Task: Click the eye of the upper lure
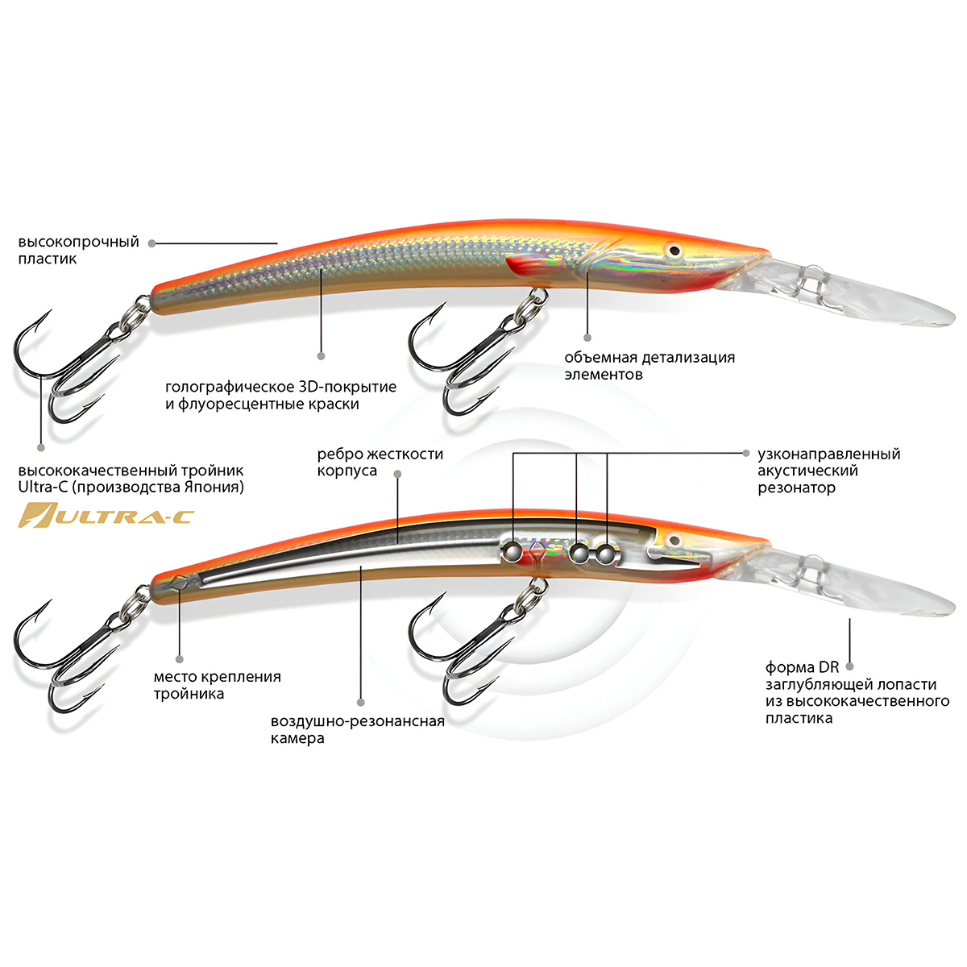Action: tap(674, 251)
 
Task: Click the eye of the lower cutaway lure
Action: tap(674, 541)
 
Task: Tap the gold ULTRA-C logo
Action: tap(106, 514)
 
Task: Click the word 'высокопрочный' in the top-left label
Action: tap(78, 242)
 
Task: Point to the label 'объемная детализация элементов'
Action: tap(649, 366)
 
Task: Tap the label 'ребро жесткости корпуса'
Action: tap(380, 463)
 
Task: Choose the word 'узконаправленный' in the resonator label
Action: tap(828, 454)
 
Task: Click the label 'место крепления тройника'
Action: tap(217, 685)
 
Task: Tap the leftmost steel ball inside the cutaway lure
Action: tap(511, 551)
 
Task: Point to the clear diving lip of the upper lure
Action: tap(870, 298)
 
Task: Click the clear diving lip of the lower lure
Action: tap(870, 588)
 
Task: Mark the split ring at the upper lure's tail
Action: tap(139, 309)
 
